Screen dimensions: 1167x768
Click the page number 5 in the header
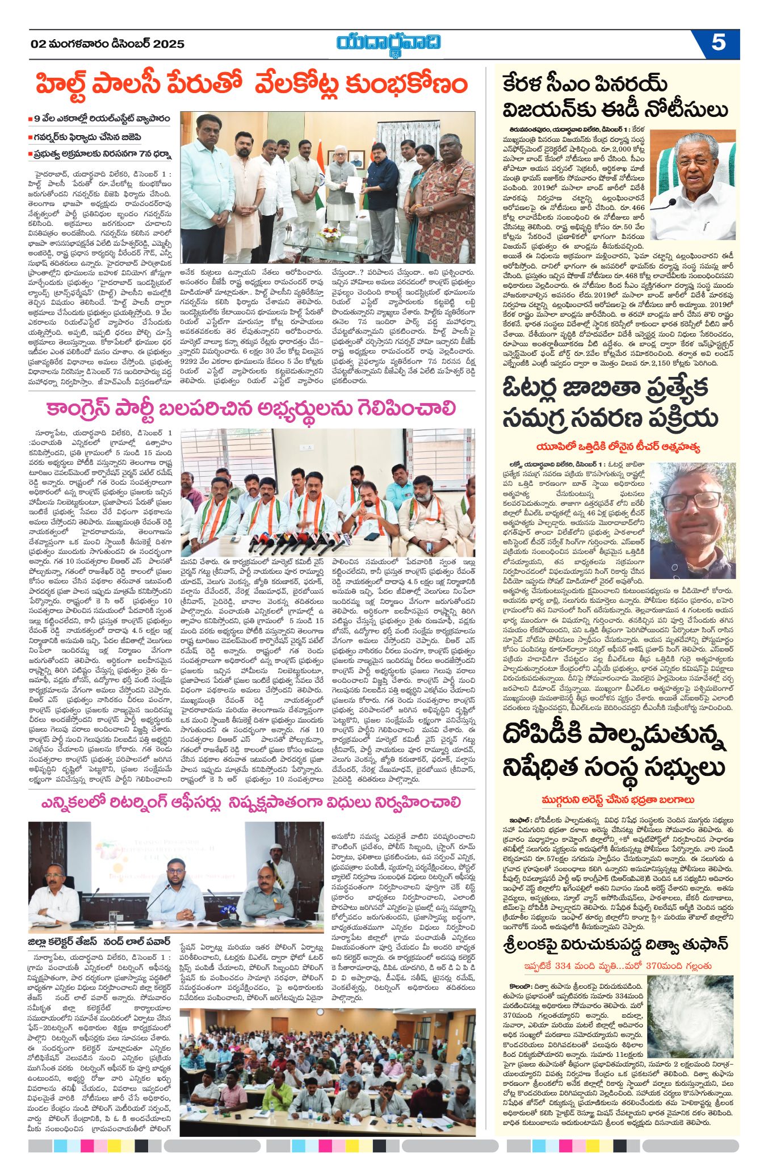coord(718,43)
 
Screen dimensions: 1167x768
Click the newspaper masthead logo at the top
coord(389,43)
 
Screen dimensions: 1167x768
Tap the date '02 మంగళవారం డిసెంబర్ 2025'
coord(108,44)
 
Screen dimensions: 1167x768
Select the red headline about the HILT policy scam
coord(251,84)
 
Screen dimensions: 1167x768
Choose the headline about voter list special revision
coord(610,404)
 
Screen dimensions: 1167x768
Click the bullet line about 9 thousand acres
coord(102,119)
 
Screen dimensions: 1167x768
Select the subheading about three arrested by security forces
coord(618,800)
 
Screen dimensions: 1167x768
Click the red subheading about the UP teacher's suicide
coord(618,447)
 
